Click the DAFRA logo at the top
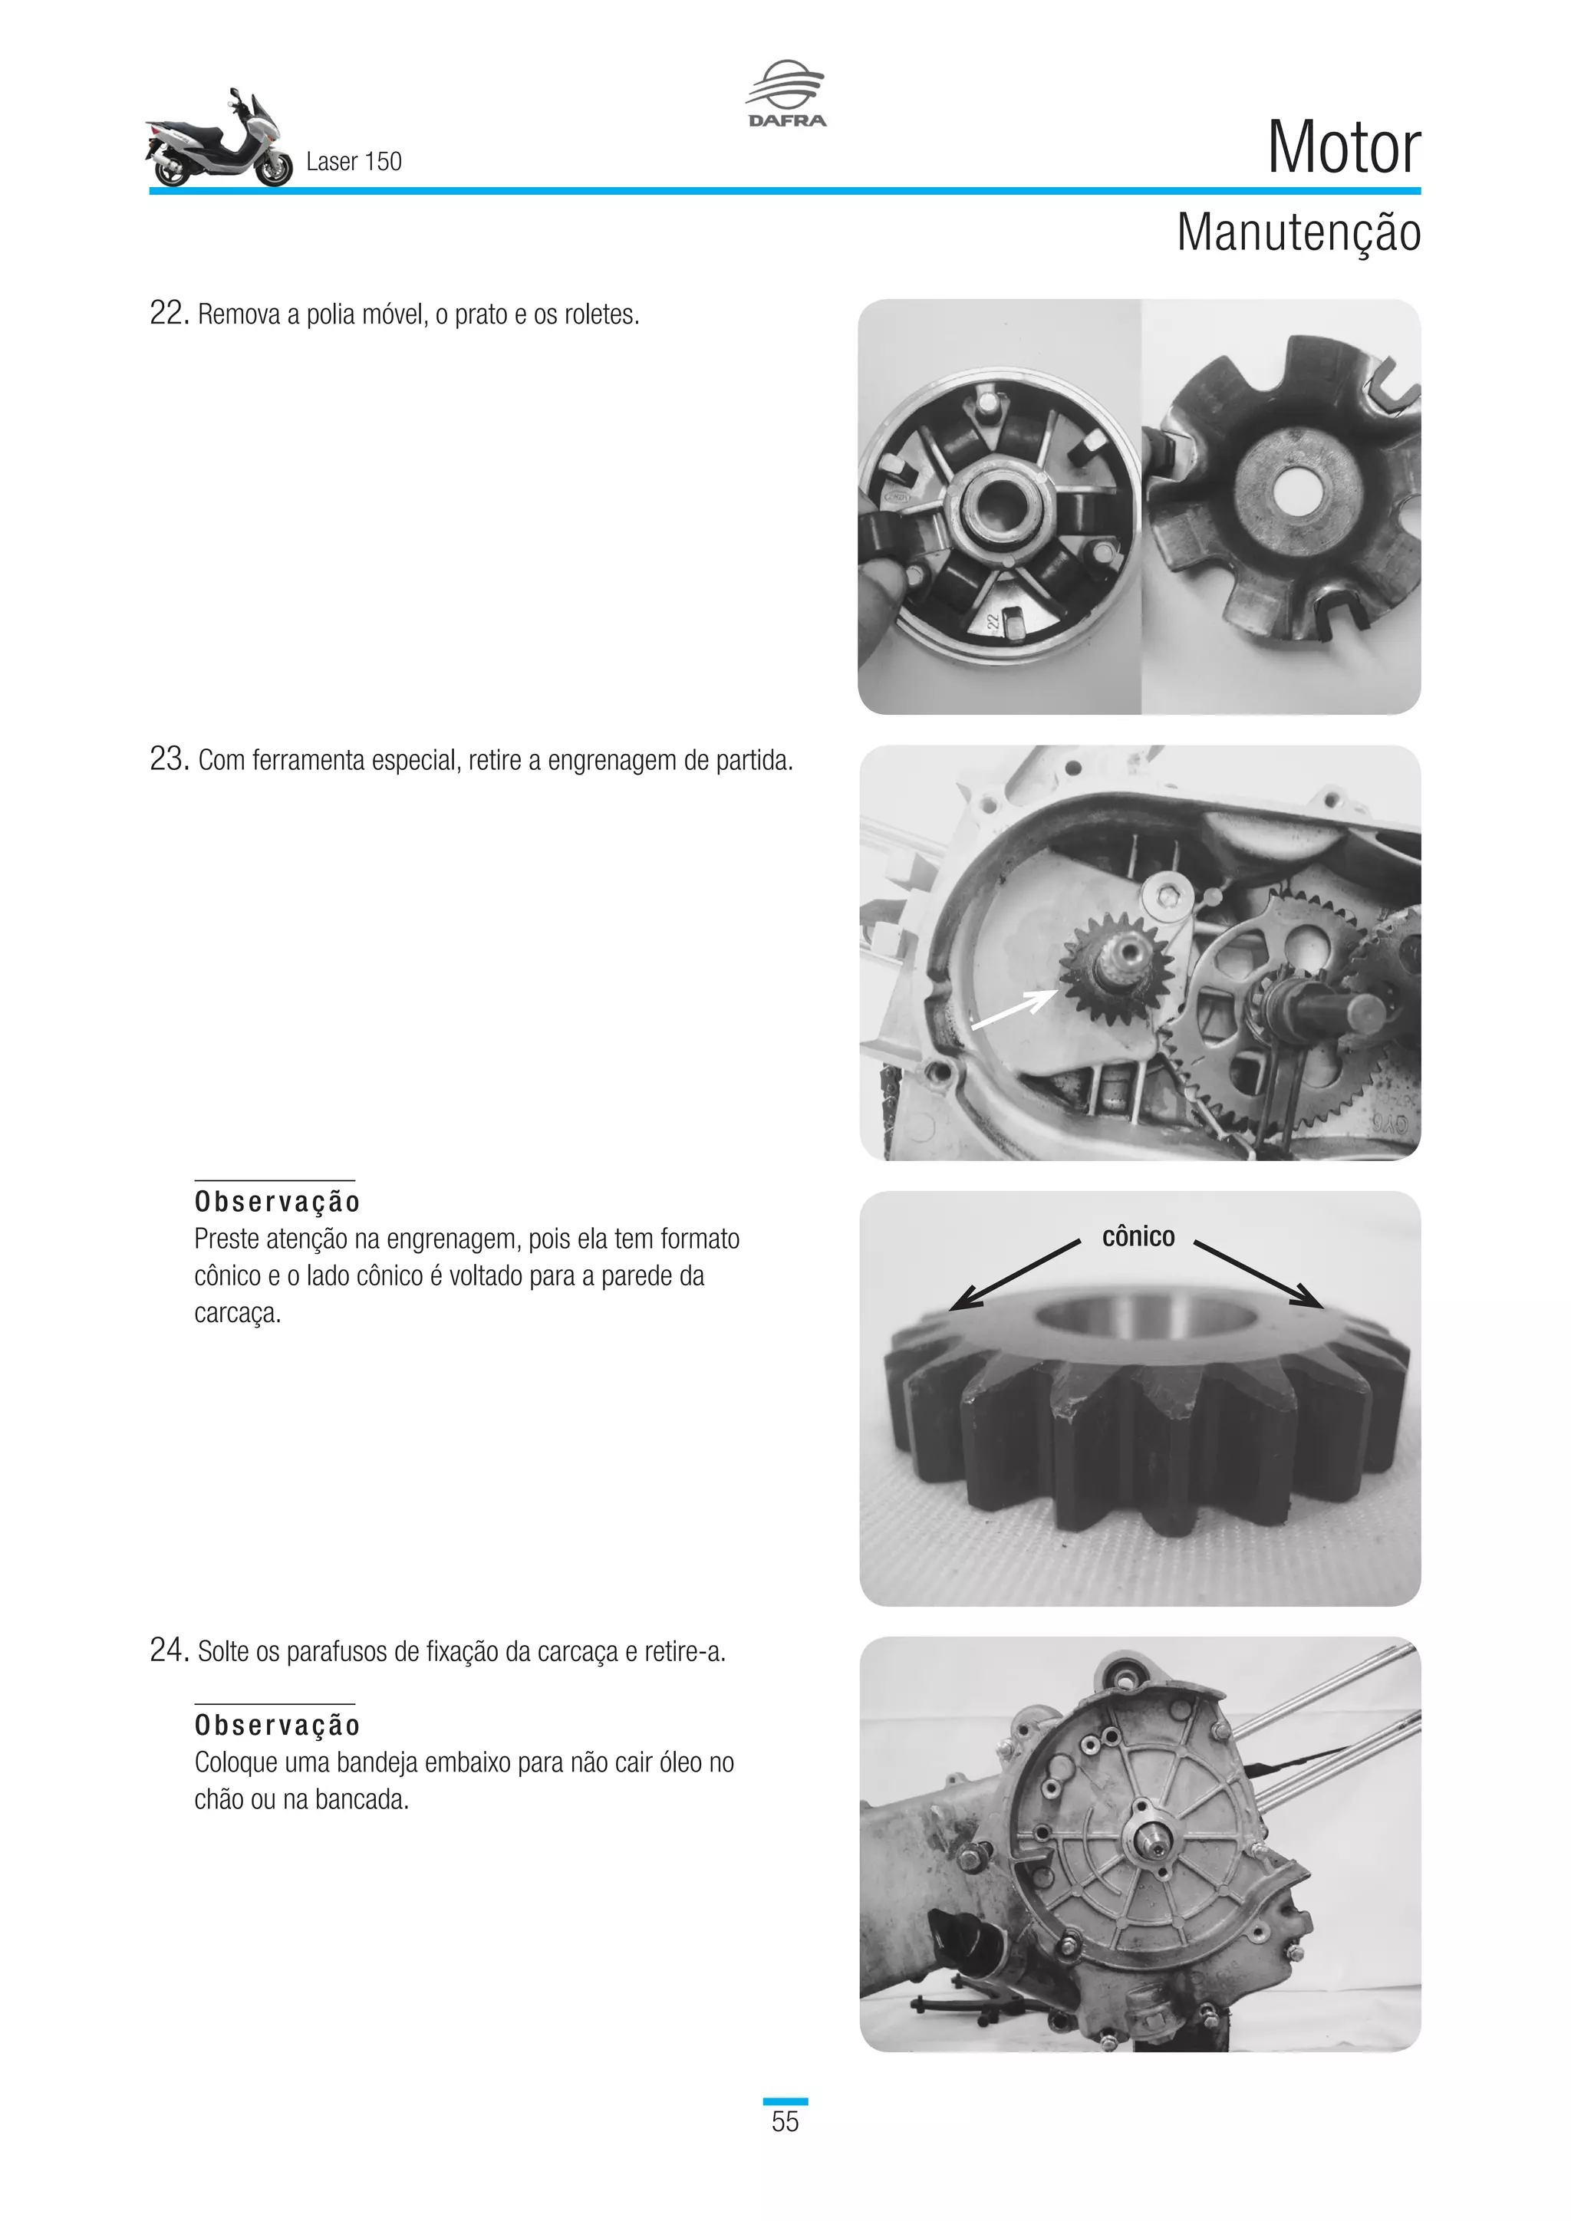coord(785,94)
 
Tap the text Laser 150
coord(353,162)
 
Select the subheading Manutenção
coord(1297,233)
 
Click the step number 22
coord(168,314)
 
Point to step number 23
coord(168,759)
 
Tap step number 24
coord(168,1650)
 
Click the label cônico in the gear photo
coord(1138,1236)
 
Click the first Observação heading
coord(277,1202)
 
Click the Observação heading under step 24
coord(277,1725)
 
